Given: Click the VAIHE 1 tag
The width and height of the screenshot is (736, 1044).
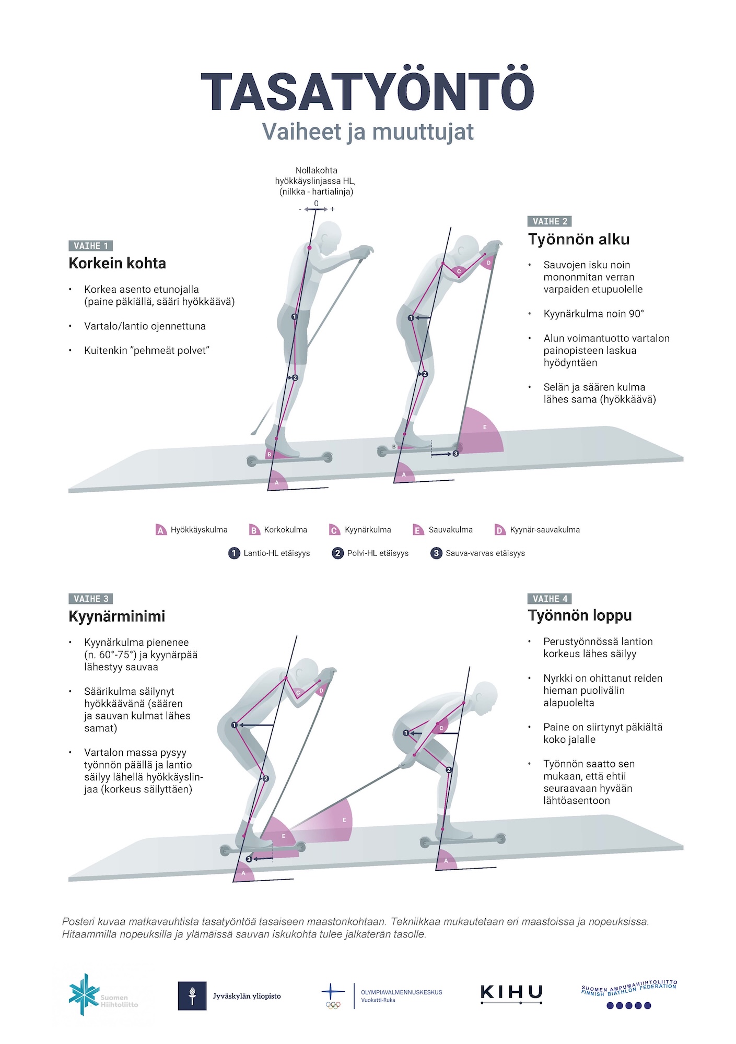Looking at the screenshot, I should click(x=90, y=246).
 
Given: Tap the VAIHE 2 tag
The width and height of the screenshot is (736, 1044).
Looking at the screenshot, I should click(x=550, y=221).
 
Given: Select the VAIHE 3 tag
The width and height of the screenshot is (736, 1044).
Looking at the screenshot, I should click(x=90, y=599).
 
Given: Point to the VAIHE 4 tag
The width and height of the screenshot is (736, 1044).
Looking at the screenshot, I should click(x=550, y=599).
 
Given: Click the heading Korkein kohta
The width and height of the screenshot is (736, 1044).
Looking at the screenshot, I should click(x=117, y=263).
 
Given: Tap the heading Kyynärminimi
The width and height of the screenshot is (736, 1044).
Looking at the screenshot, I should click(x=116, y=616).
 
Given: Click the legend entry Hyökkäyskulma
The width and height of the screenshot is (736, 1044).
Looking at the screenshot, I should click(x=192, y=530).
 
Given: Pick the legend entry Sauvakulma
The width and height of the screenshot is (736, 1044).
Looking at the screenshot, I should click(x=443, y=530).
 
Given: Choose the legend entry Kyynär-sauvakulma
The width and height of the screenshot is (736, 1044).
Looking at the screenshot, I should click(x=537, y=530).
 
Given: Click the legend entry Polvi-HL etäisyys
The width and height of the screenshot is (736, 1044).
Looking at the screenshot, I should click(x=370, y=553).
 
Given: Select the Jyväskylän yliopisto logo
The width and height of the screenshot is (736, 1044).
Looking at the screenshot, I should click(x=230, y=996).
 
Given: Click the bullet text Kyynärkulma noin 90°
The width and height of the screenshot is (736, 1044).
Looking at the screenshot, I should click(x=593, y=314).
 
